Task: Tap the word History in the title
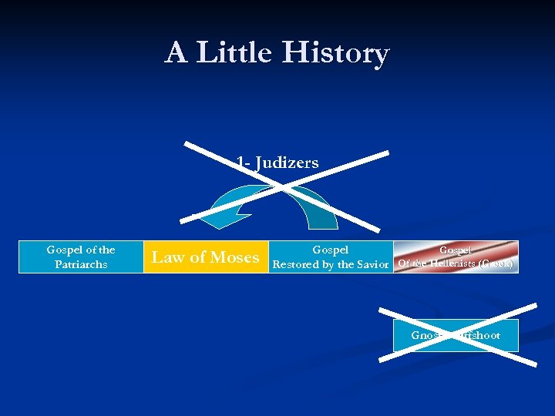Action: coord(336,53)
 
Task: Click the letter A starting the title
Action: coord(176,53)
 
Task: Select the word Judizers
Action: coord(287,163)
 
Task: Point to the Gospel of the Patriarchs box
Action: coord(81,257)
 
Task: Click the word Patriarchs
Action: coord(81,264)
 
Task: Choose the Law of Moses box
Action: coord(205,257)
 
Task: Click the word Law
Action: coord(167,257)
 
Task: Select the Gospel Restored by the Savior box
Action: coord(331,257)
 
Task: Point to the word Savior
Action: coord(373,265)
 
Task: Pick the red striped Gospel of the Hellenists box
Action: coord(456,257)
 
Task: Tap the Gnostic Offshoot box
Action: coord(456,336)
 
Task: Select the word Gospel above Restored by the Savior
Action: coord(330,250)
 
